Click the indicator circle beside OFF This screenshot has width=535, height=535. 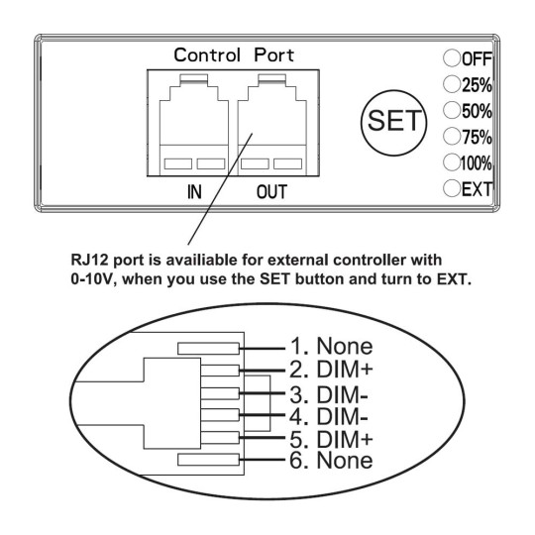tap(452, 58)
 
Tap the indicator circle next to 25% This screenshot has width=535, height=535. tap(452, 84)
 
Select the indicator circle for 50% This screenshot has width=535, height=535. tap(452, 110)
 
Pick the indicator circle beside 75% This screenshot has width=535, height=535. tap(452, 136)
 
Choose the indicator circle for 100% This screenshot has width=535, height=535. tap(452, 161)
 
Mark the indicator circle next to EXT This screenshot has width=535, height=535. tap(452, 188)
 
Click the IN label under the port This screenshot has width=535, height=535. tap(194, 192)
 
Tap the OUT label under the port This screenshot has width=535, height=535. tap(271, 192)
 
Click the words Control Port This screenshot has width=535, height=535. tap(234, 55)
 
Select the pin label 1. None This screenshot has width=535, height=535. tap(331, 346)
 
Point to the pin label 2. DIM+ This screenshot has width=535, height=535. tap(331, 370)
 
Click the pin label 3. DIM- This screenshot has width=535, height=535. tap(329, 394)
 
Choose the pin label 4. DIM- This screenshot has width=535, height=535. tap(329, 416)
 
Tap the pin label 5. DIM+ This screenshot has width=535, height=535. tap(331, 439)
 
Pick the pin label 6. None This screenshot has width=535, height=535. tap(331, 460)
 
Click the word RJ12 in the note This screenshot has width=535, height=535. tap(90, 260)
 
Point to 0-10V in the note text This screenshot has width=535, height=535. tap(91, 279)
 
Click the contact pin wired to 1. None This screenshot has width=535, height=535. tap(208, 349)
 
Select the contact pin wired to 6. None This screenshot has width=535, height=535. tap(208, 460)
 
